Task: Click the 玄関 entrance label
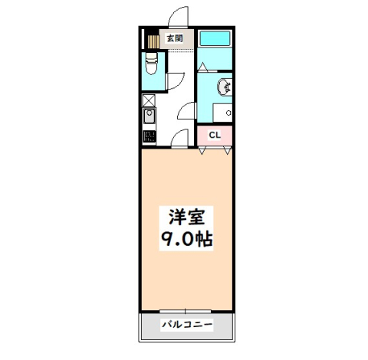click(174, 38)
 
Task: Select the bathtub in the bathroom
click(215, 38)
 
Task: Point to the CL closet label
click(215, 136)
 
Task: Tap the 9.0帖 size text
click(186, 238)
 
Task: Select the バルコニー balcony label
click(186, 325)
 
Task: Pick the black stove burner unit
click(149, 137)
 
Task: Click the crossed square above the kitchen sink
click(148, 100)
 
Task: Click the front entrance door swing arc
click(178, 17)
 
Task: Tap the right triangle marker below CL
click(227, 150)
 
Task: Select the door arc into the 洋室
click(179, 138)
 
